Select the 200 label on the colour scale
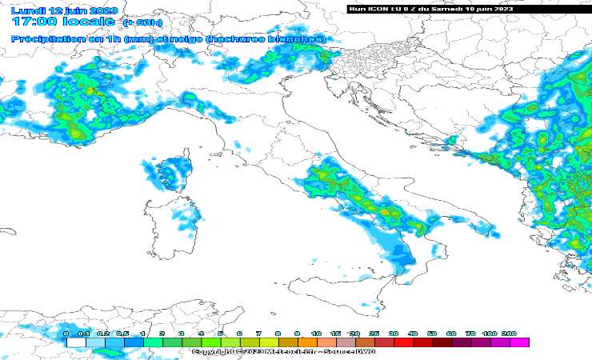click(x=510, y=333)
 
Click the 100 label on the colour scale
click(x=490, y=333)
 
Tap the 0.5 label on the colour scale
click(x=123, y=333)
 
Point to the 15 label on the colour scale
click(x=335, y=333)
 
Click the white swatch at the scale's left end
click(x=75, y=342)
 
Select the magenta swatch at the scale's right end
click(x=519, y=342)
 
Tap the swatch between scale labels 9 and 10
click(x=307, y=342)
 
